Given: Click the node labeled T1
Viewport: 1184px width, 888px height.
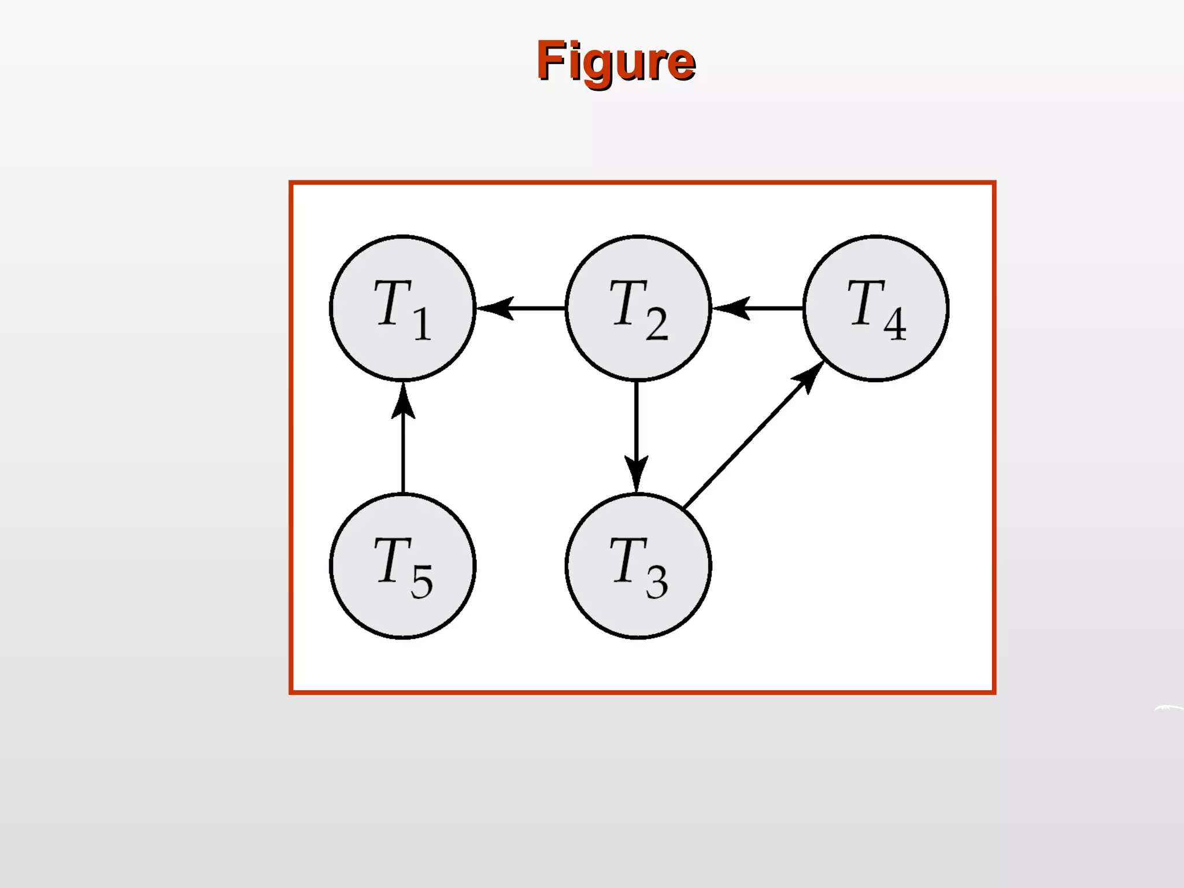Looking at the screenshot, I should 402,308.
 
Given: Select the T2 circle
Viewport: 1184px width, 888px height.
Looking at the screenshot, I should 638,308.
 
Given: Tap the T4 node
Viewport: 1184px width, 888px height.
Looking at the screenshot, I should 875,308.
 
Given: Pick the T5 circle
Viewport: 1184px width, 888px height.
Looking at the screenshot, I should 402,565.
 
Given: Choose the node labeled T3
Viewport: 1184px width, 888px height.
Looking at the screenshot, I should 638,565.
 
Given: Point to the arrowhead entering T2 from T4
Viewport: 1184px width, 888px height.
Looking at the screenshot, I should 731,308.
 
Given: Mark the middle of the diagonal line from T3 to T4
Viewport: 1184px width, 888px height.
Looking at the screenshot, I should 746,443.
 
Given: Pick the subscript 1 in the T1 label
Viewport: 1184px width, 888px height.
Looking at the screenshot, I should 422,324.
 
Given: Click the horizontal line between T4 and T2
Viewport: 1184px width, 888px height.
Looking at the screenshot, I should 775,308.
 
